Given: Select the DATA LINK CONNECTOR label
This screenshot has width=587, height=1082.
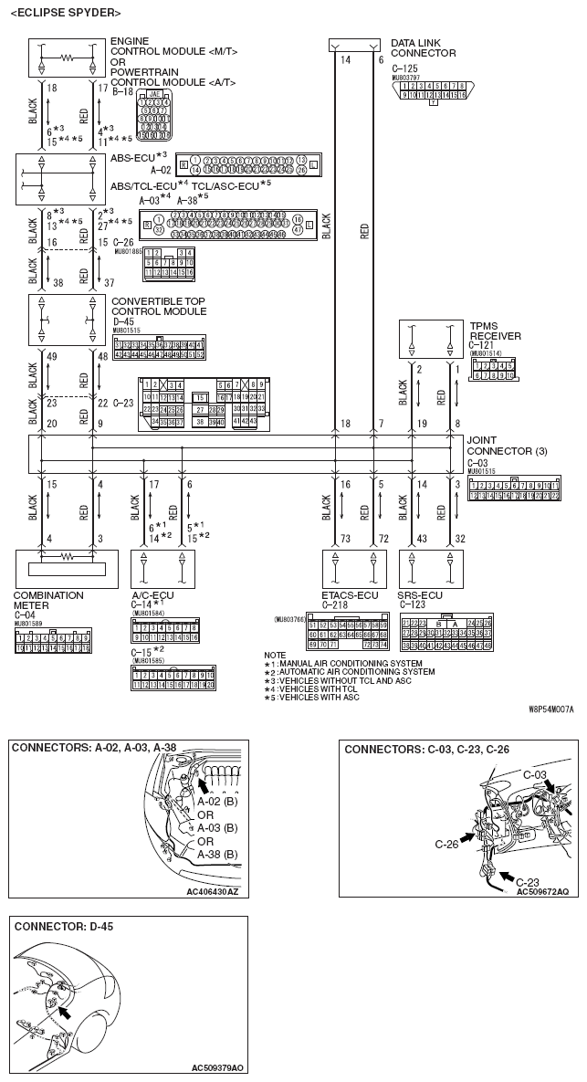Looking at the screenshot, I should tap(423, 47).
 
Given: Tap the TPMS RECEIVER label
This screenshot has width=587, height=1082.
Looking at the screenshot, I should tap(495, 331).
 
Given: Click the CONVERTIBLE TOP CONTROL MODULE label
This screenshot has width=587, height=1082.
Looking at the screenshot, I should tap(158, 306).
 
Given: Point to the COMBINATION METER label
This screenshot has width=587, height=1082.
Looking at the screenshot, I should tap(47, 600).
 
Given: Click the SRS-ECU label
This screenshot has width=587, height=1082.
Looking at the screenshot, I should tap(421, 595).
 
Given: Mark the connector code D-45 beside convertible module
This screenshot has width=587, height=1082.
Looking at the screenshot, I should tap(123, 321).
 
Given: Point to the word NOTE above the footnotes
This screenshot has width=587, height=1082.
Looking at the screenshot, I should tap(274, 655).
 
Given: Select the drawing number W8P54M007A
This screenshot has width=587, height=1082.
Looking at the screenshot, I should tap(550, 708).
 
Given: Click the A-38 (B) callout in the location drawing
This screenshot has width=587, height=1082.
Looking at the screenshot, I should tap(217, 854).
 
